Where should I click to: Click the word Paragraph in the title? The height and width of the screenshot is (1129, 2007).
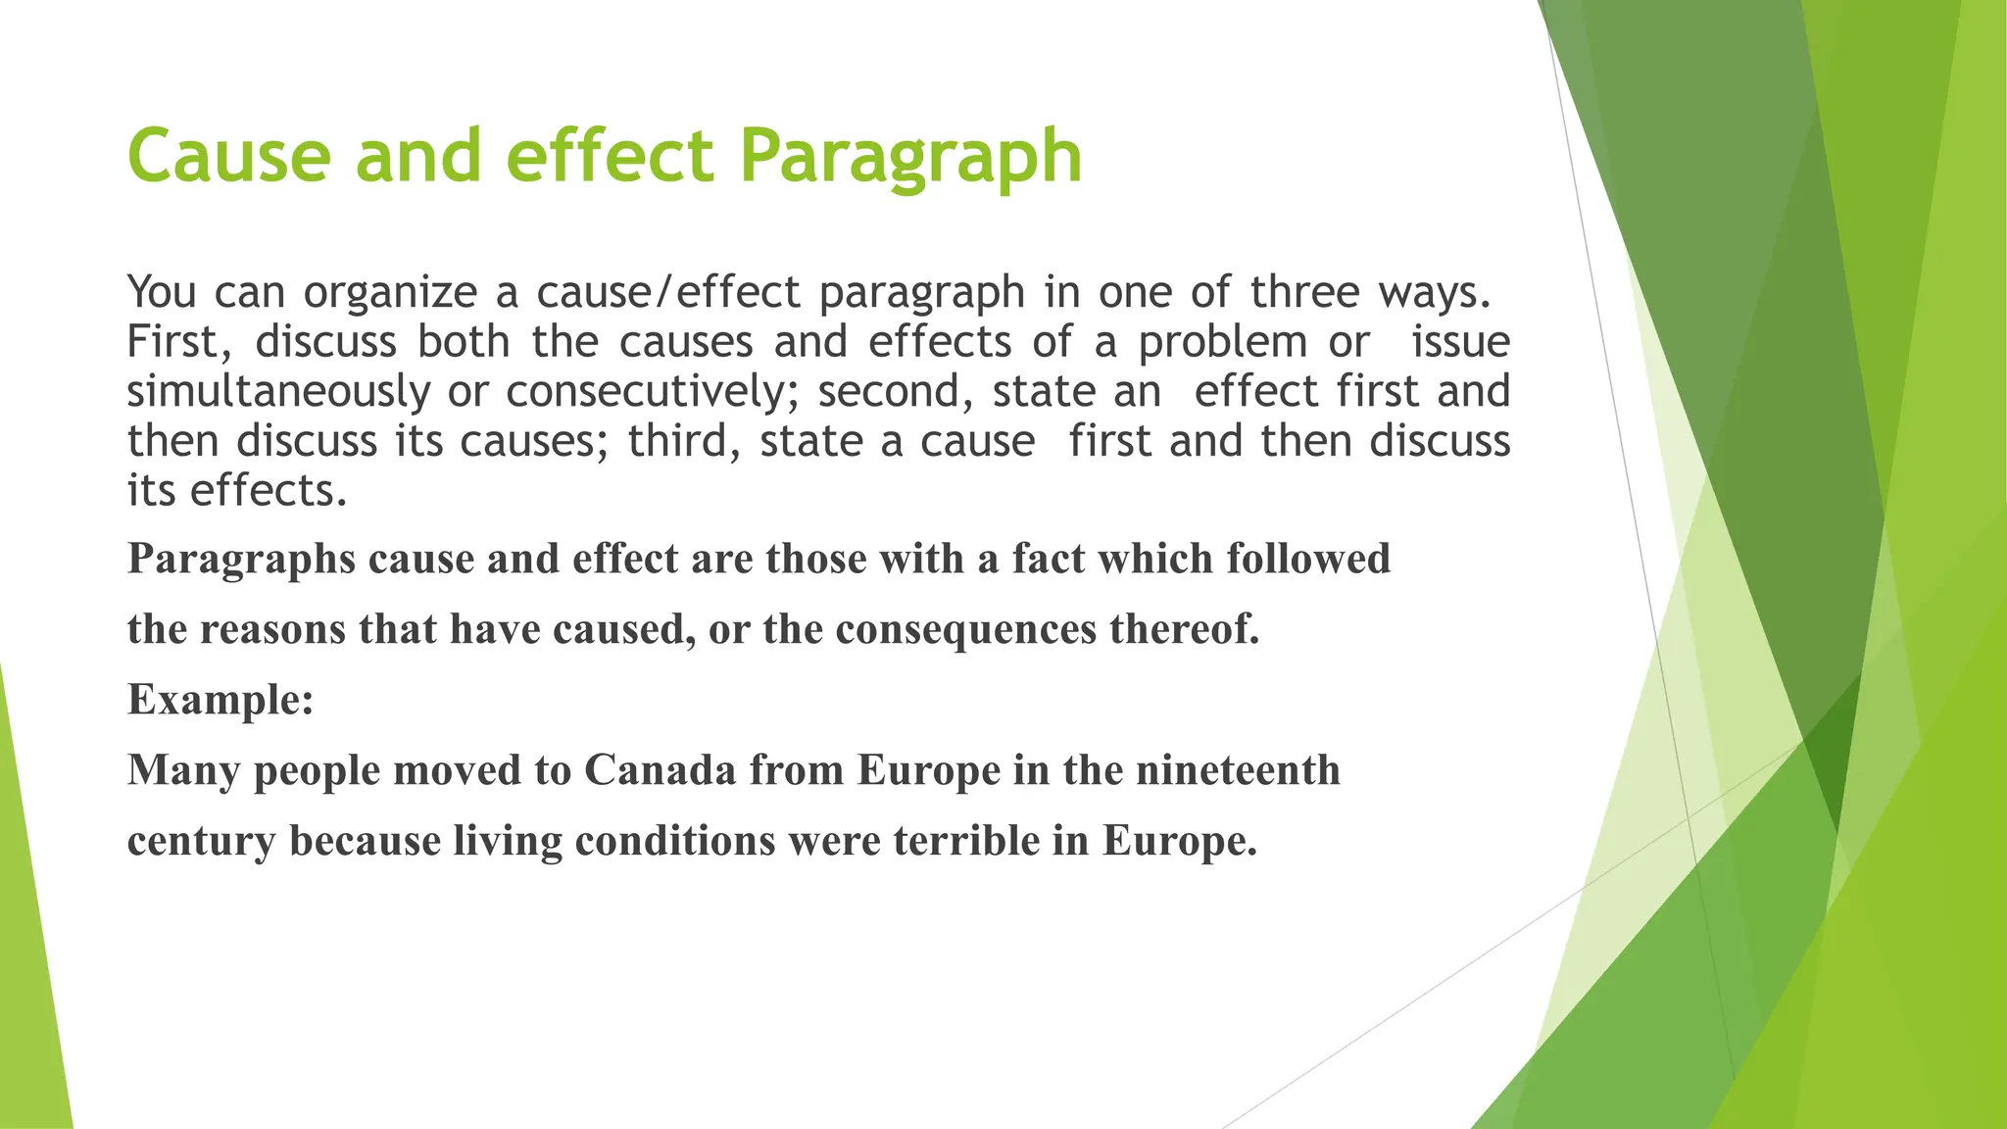pos(910,157)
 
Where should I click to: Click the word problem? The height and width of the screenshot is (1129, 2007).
pos(1222,342)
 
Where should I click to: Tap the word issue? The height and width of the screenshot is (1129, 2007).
pos(1460,342)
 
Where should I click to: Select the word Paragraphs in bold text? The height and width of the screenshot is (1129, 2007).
pos(241,560)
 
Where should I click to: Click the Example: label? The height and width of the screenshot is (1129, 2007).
pos(220,700)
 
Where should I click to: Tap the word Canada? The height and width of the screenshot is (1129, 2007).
pos(660,770)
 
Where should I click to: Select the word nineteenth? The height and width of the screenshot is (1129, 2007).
pos(1238,770)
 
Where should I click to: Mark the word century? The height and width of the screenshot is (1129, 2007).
pos(201,841)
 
